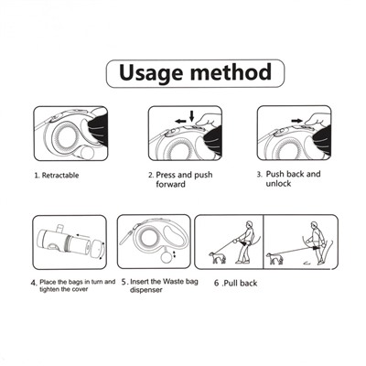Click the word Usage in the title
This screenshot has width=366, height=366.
coord(151,73)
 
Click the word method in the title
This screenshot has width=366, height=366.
coord(231,71)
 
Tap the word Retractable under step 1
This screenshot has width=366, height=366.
coord(60,176)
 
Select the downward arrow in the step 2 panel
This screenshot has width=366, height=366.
coord(191,116)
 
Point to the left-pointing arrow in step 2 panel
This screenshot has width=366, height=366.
coord(180,121)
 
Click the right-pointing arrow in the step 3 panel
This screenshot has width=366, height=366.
coord(296,121)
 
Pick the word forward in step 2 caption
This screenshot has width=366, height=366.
coord(170,184)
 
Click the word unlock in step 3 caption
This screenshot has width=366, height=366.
coord(278,184)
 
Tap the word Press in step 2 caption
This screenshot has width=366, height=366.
coord(166,175)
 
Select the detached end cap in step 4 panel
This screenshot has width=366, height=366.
coord(98,248)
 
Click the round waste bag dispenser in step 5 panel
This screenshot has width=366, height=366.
coord(167,256)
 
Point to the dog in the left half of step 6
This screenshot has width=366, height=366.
coord(217,257)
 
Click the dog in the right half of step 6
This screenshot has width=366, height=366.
coord(274,258)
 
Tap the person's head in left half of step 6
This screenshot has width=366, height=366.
coord(250,224)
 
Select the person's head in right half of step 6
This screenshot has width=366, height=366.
coord(315,225)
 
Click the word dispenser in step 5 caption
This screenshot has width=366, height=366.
coord(146,290)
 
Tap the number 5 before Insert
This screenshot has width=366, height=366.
coord(124,282)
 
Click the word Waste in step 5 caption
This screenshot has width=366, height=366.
coord(174,281)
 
